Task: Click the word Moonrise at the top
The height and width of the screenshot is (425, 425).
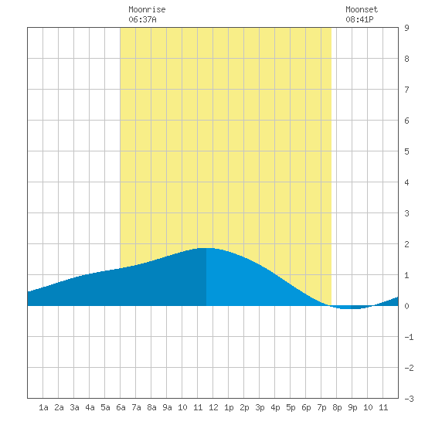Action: point(147,9)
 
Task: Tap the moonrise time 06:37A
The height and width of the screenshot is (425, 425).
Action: point(143,19)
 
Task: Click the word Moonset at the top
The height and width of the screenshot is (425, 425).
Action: point(362,9)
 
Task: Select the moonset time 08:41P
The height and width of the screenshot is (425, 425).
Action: point(359,19)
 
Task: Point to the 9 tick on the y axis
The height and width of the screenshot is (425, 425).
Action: point(406,28)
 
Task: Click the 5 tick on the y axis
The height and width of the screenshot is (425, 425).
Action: point(406,151)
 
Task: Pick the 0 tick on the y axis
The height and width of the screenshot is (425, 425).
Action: point(406,306)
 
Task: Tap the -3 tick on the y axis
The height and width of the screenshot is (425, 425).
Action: point(410,399)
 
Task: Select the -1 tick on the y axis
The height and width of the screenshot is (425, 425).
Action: point(410,337)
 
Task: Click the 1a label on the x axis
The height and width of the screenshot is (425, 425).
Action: point(43,407)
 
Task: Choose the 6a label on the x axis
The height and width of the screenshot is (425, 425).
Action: point(121,407)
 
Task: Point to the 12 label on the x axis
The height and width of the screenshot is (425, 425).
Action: point(213,407)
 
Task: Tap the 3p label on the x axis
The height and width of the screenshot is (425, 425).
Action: point(260,407)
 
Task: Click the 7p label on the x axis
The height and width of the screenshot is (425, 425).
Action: point(321,407)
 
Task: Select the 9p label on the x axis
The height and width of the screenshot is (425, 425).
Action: point(352,407)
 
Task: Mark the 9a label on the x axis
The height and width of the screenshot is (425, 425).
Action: point(167,407)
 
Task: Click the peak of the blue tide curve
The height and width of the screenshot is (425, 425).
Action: point(206,248)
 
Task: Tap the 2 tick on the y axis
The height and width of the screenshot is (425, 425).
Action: point(406,244)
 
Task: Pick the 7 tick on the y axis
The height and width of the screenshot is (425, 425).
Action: point(406,90)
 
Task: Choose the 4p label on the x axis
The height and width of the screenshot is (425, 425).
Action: point(275,407)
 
